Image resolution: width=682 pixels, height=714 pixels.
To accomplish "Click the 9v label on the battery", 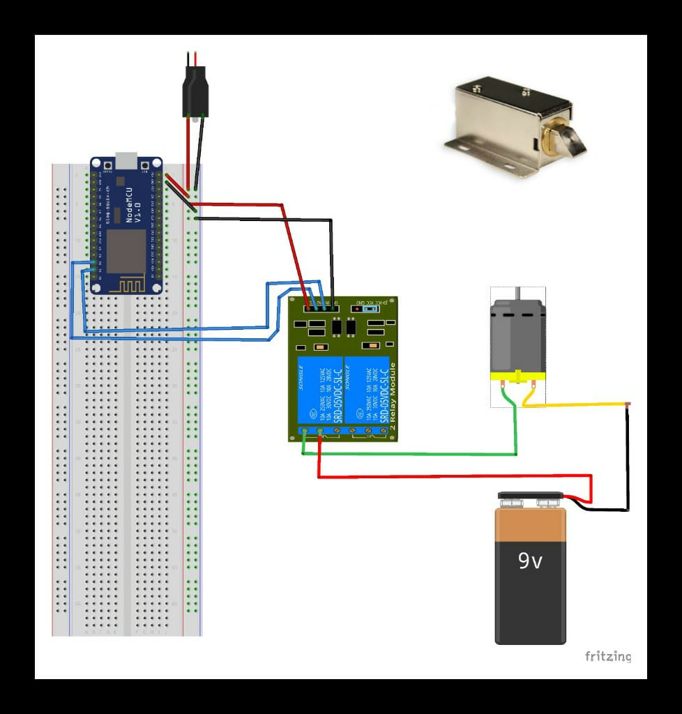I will pyautogui.click(x=530, y=561).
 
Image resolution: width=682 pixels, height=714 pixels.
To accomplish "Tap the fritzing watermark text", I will pyautogui.click(x=608, y=656).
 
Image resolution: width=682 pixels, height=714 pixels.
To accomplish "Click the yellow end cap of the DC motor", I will pyautogui.click(x=517, y=379).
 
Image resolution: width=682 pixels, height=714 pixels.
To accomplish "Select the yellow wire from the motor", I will pyautogui.click(x=579, y=404).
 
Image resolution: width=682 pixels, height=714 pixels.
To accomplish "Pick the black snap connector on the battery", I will pyautogui.click(x=531, y=499).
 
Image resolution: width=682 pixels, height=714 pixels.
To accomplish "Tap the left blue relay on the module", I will pyautogui.click(x=320, y=390).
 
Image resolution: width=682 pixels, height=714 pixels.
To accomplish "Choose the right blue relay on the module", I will pyautogui.click(x=366, y=390).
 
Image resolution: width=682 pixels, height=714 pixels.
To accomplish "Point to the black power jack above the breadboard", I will pyautogui.click(x=195, y=91).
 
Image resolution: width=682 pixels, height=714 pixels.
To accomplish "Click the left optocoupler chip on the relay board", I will pyautogui.click(x=336, y=326).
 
